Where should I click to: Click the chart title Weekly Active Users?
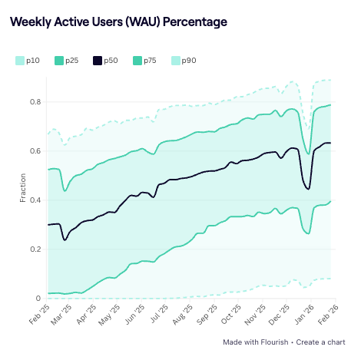tap(118, 22)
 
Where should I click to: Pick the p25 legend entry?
tap(67, 60)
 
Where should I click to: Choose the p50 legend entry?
tap(106, 60)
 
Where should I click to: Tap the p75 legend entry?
tap(145, 60)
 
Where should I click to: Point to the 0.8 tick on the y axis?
tap(36, 102)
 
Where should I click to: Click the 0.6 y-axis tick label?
tap(36, 151)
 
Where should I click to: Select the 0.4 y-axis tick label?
tap(36, 200)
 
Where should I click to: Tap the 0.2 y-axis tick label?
tap(36, 249)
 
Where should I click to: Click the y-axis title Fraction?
tap(22, 188)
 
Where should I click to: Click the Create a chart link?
tap(322, 342)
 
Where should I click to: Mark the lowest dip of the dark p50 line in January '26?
tap(307, 189)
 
